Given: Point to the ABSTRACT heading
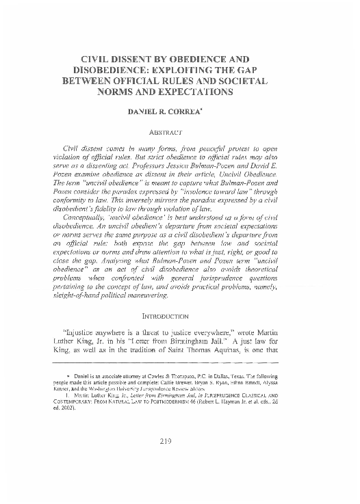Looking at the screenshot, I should (180, 131).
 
